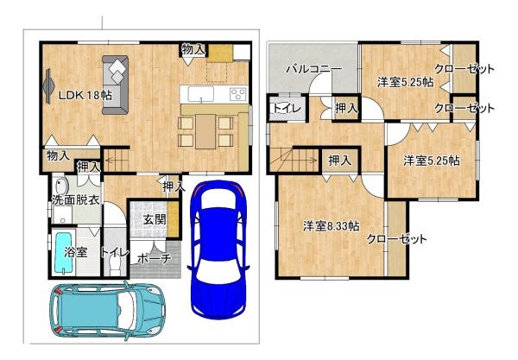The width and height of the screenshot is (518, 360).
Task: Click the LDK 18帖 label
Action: (x=84, y=96)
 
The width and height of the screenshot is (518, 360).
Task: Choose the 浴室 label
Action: (x=76, y=253)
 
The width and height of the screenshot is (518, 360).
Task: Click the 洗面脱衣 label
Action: (x=73, y=200)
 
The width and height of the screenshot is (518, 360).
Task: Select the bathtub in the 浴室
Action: (x=60, y=252)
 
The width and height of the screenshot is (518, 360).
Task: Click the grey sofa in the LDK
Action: (x=116, y=84)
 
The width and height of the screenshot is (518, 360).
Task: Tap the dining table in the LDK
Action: (x=205, y=130)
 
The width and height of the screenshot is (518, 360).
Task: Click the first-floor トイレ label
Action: (x=115, y=253)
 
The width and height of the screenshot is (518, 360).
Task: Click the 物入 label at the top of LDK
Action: (x=193, y=50)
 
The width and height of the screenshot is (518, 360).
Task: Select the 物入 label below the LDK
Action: (x=58, y=156)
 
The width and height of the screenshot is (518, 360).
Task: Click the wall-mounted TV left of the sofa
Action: (x=47, y=85)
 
